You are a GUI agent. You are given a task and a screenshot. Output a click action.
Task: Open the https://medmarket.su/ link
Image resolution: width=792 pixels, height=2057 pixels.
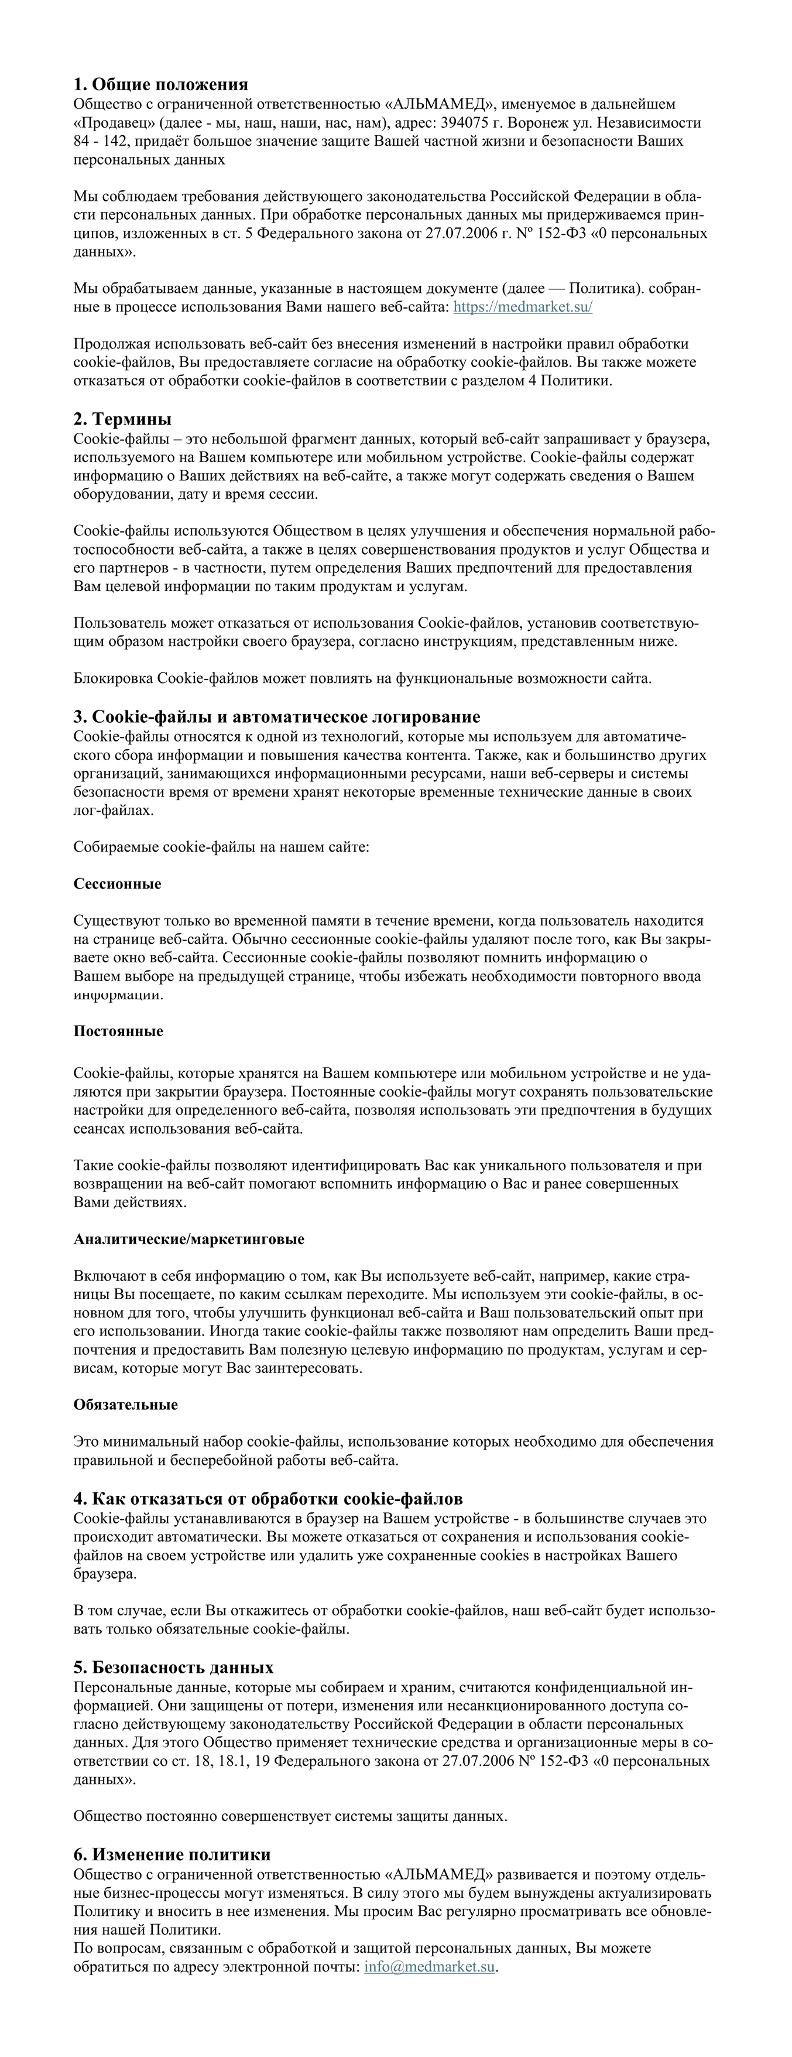pos(522,307)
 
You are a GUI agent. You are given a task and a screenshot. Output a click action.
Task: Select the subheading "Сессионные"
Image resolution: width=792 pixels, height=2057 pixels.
pos(117,884)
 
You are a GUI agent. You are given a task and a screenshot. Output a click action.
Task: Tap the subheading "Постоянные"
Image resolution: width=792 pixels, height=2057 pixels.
pos(118,1031)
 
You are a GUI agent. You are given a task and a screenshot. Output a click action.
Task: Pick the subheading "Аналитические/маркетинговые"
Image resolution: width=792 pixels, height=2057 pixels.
pos(188,1239)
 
